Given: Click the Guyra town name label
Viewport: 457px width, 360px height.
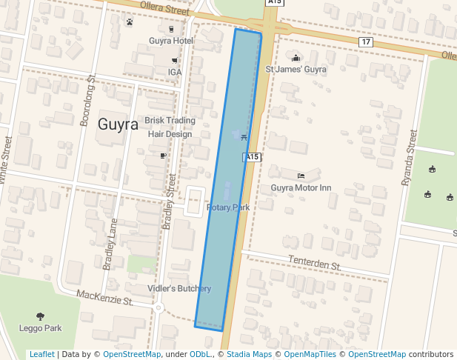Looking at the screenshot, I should coord(118,124).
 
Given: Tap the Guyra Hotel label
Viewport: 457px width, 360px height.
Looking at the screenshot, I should coord(171,41).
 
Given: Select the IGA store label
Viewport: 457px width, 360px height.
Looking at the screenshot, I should coord(175,72).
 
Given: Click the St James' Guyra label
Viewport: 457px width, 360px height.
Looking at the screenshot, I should coord(296,69).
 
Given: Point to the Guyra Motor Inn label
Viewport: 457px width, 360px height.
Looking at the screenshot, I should coord(301,188).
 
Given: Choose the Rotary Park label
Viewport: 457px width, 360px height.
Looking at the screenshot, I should coord(228,207).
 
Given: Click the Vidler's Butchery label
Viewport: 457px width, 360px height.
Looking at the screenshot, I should coord(179,288).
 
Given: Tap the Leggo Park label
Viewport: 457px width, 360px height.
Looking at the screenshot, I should coord(40,327).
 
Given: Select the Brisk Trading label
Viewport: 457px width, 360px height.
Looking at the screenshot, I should coord(170,120).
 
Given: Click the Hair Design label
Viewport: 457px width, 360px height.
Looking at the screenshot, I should coord(170,134).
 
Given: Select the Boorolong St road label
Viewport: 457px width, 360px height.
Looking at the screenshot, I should coord(86,101).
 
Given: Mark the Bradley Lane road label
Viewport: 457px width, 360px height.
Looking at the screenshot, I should coord(110,244).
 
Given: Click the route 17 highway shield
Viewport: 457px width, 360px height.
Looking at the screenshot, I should coord(366,41).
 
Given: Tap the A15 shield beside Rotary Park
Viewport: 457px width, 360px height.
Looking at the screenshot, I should coord(253,157).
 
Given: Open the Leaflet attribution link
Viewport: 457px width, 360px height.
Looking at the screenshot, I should coord(41,354).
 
